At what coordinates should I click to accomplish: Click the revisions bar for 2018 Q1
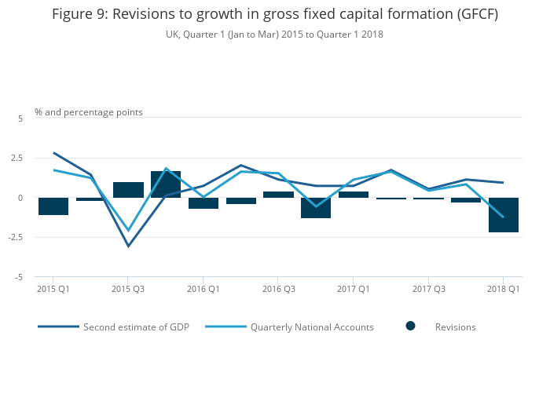[503, 214]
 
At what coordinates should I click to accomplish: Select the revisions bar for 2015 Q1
[53, 206]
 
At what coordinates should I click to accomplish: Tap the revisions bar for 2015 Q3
[128, 190]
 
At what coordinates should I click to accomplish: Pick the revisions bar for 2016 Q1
[203, 202]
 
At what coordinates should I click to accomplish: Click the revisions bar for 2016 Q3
[278, 195]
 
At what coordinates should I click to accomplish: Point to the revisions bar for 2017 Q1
[354, 195]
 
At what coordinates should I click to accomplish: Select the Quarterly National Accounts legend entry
[311, 327]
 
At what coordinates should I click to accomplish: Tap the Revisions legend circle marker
[410, 326]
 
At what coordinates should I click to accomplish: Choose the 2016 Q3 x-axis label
[278, 290]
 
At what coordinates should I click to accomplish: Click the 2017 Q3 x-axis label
[428, 290]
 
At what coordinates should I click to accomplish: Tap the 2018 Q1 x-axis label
[503, 290]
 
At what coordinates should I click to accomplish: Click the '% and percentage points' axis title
[89, 112]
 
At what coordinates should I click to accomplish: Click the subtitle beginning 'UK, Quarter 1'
[274, 35]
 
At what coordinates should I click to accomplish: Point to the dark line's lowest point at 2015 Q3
[128, 246]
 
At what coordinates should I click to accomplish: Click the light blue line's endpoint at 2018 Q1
[503, 217]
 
